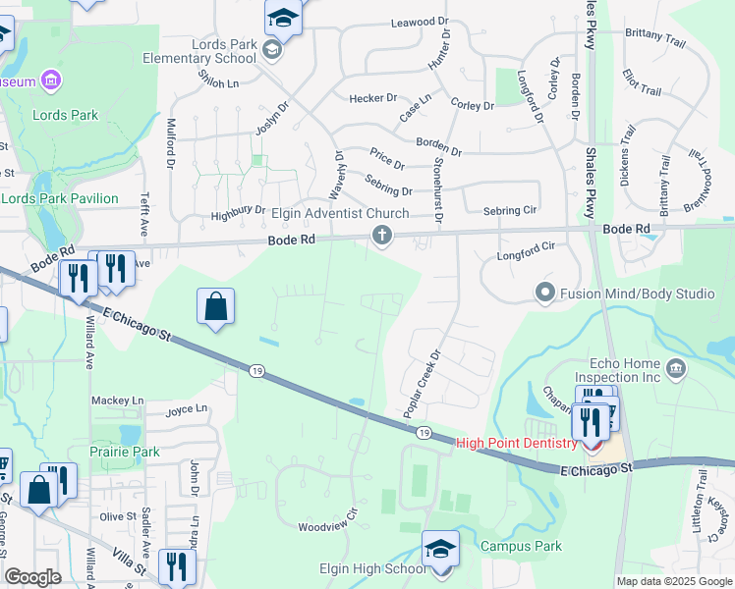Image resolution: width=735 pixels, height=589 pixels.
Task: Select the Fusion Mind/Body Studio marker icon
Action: [545, 292]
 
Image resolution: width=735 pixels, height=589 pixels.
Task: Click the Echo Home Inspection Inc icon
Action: [675, 369]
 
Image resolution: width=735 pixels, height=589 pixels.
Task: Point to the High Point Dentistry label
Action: [517, 444]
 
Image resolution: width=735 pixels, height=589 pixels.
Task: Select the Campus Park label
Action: [521, 546]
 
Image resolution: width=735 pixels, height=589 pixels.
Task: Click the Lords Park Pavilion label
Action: [60, 198]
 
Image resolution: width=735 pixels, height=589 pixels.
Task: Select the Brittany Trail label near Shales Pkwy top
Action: [655, 34]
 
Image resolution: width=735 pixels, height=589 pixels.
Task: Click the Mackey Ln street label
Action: [117, 401]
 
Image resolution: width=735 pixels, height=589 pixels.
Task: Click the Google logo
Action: [32, 578]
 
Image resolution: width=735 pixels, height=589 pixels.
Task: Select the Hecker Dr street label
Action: [372, 98]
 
